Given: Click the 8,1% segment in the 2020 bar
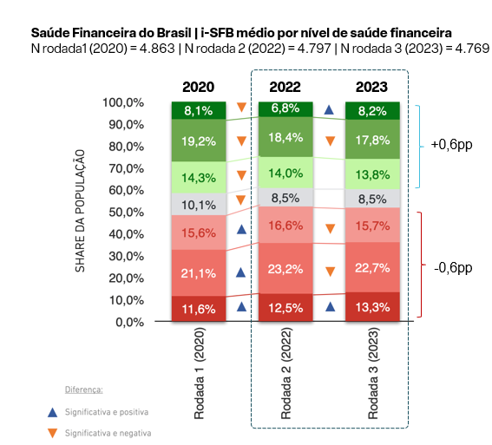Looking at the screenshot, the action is click(x=199, y=110).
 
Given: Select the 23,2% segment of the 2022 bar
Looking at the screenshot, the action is click(x=285, y=268).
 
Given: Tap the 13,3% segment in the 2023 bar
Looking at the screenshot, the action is click(x=372, y=307).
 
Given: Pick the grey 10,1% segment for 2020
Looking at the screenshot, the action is click(x=199, y=204).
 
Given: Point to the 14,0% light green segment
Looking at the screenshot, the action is click(x=285, y=173).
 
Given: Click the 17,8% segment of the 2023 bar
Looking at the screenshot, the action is click(x=372, y=140).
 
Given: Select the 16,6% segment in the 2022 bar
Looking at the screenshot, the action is click(x=285, y=225).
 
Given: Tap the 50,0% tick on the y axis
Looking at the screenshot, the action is click(x=126, y=213).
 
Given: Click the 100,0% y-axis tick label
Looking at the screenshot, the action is click(x=123, y=102).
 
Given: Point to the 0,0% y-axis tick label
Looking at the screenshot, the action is click(x=129, y=322).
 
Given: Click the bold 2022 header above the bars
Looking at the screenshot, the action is click(x=285, y=87).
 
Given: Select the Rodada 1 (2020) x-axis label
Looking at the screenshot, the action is click(x=199, y=373).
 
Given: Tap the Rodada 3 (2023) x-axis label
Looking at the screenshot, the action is click(x=373, y=373).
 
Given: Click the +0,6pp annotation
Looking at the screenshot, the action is click(x=451, y=145).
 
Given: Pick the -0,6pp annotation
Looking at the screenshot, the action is click(x=453, y=268).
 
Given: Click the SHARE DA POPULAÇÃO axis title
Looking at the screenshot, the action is click(x=80, y=211).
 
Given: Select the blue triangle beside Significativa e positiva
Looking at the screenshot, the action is click(x=52, y=413).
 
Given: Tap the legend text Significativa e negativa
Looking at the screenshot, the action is click(x=108, y=433).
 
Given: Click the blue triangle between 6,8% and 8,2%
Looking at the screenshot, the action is click(x=329, y=110).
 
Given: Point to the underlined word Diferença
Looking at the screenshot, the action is click(x=84, y=389).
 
